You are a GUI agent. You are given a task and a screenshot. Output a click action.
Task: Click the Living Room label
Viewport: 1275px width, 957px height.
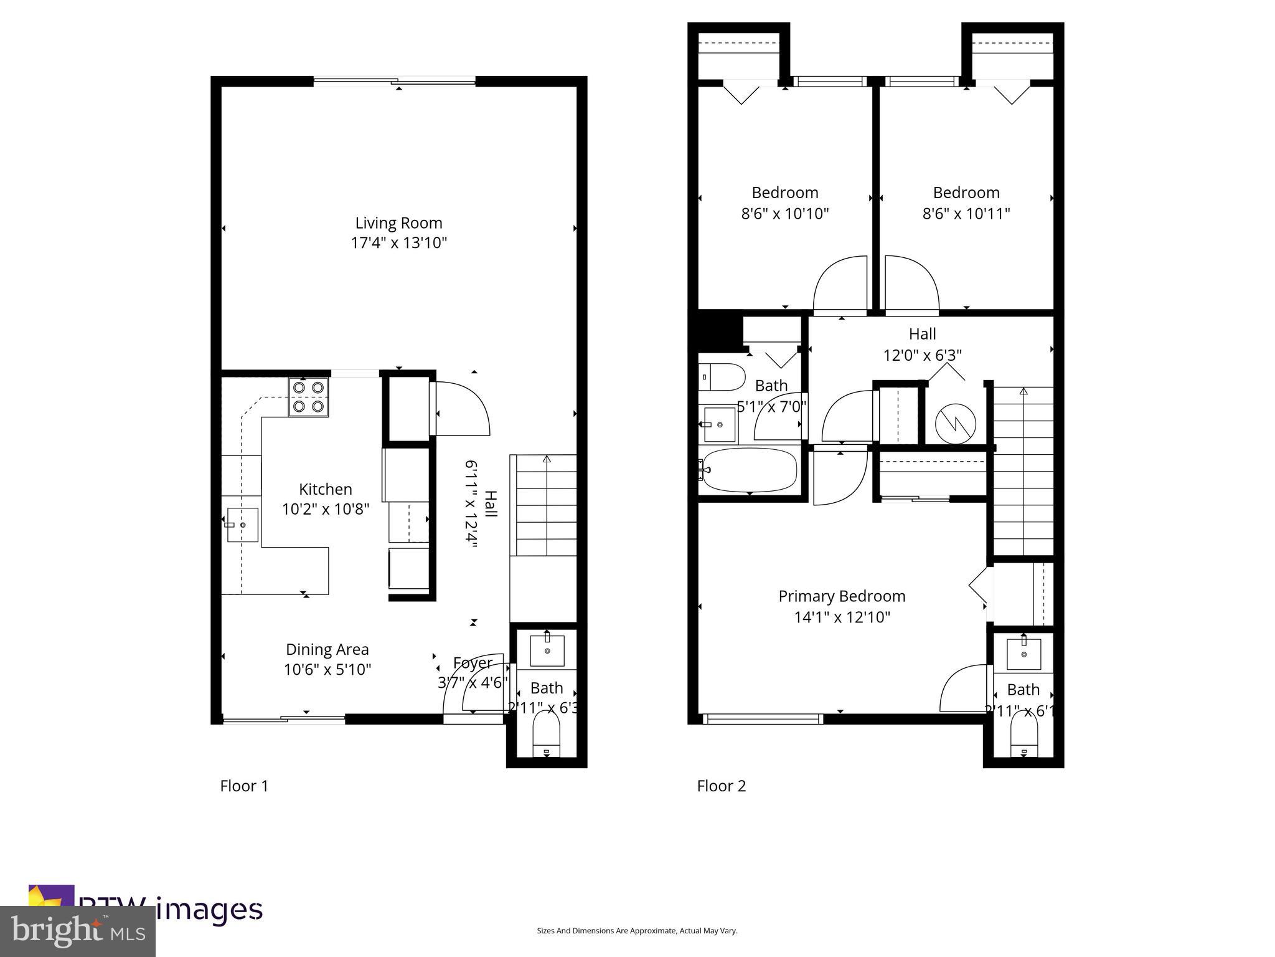tap(398, 223)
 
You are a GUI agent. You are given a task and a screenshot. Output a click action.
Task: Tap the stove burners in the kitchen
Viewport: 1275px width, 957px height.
tap(309, 397)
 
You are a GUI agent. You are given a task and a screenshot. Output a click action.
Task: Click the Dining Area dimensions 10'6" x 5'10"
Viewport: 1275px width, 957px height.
tap(327, 670)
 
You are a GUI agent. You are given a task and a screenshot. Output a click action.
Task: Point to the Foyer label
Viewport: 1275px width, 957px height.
tap(473, 663)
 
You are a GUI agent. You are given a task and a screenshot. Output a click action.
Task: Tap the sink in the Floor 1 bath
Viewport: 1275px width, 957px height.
tap(547, 650)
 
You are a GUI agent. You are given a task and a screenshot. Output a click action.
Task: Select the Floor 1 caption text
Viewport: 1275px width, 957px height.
tap(244, 786)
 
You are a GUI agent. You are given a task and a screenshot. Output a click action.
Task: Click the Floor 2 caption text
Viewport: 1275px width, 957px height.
tap(721, 786)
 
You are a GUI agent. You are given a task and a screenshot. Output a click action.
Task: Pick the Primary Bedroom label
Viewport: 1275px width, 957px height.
tap(842, 596)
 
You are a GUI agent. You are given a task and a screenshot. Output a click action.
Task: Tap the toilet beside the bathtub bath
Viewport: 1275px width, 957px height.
tap(722, 376)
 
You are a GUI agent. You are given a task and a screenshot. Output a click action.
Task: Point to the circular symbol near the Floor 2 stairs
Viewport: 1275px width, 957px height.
tap(956, 424)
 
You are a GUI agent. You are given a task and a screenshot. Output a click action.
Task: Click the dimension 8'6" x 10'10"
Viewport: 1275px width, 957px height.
tap(784, 214)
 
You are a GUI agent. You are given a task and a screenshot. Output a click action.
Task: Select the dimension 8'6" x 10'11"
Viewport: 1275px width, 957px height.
tap(966, 214)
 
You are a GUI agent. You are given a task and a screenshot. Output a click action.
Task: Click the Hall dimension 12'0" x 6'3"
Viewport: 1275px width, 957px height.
tap(922, 355)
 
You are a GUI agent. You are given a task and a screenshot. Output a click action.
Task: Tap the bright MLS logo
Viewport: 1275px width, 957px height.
tap(78, 931)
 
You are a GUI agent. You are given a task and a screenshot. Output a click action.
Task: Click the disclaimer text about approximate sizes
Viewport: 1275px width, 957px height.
tap(637, 931)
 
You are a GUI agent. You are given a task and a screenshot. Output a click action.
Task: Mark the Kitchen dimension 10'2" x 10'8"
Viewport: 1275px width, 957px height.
tap(326, 510)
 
